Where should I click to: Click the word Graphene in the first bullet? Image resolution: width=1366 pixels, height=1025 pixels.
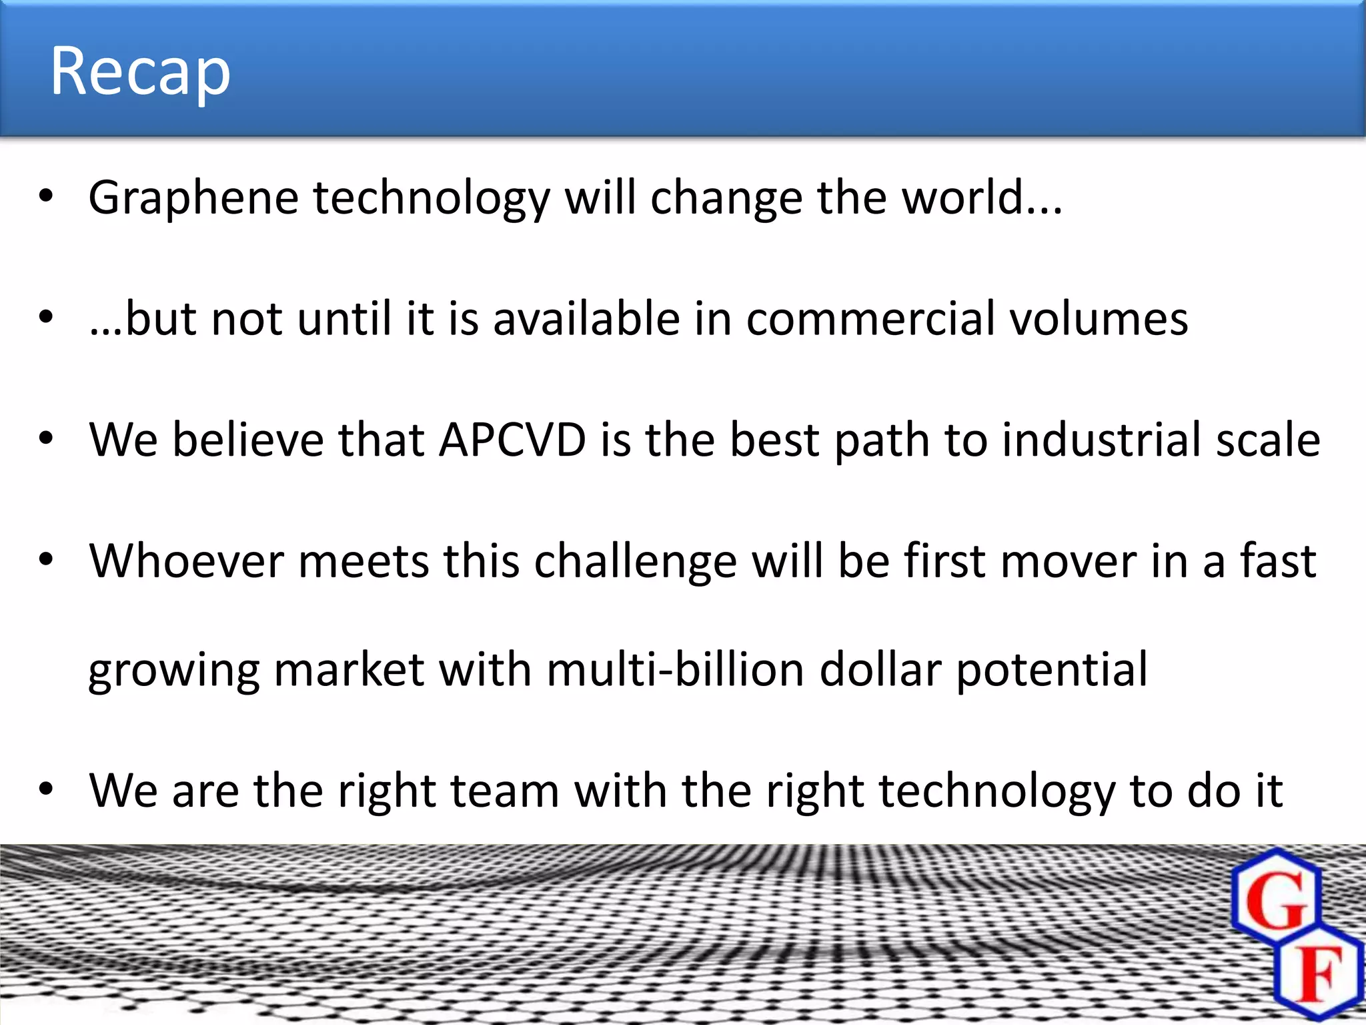[x=193, y=199]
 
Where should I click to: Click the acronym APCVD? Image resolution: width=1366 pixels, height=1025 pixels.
[x=512, y=440]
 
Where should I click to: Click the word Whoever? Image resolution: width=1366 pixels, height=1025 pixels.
[x=187, y=561]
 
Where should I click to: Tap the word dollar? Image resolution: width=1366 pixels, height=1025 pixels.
[x=880, y=670]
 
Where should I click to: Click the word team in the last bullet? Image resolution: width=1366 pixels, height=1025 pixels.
[x=505, y=791]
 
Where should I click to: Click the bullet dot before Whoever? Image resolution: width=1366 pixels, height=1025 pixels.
[x=45, y=560]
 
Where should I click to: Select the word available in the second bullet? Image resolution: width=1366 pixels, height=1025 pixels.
[x=587, y=319]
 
